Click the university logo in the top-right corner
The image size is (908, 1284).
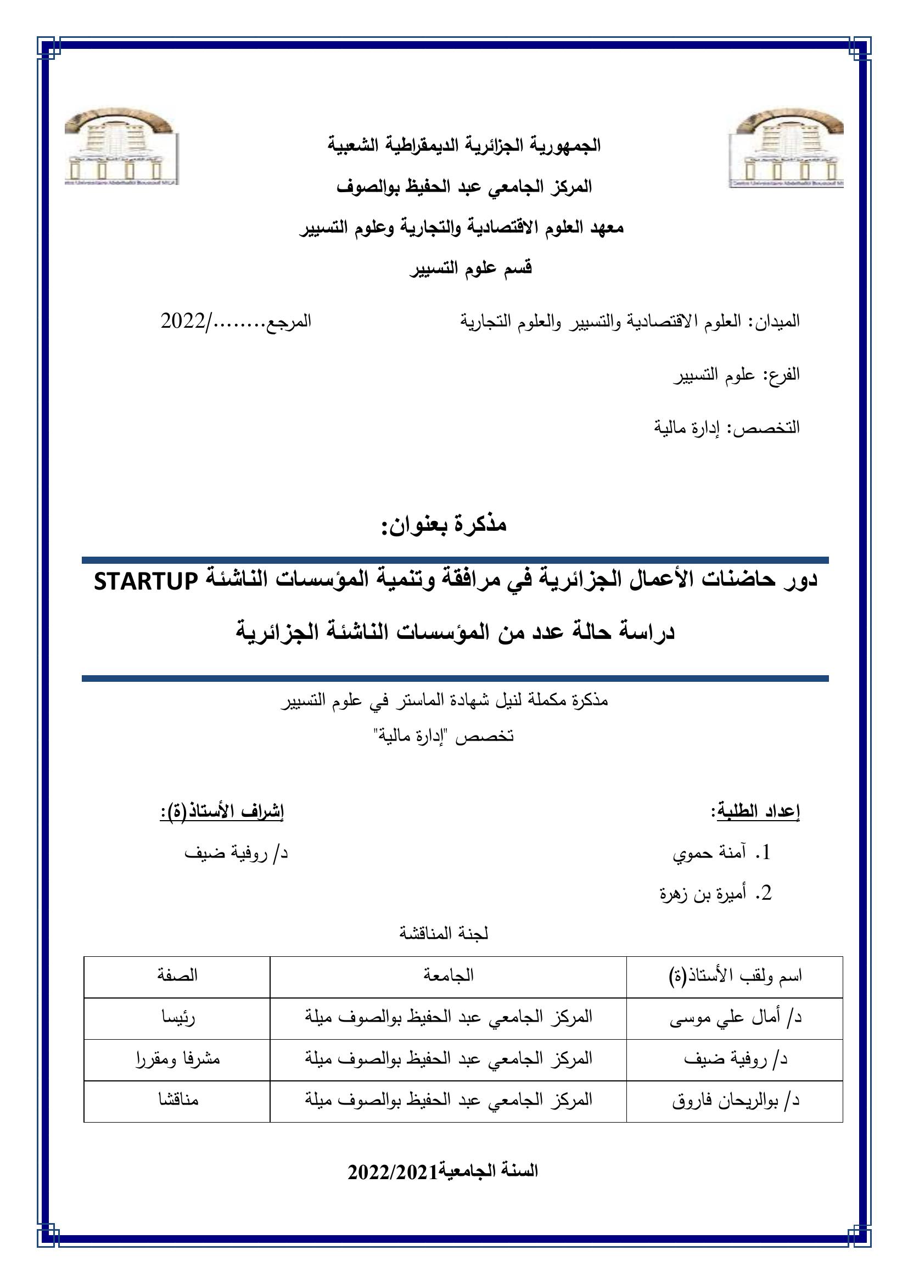(786, 148)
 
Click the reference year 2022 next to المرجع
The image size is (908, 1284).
(183, 322)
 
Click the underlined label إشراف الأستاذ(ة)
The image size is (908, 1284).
(222, 811)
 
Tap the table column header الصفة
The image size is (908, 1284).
(177, 976)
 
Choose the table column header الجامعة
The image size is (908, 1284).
(448, 976)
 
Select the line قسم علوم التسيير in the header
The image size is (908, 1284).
(472, 268)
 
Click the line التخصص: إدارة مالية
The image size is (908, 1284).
(727, 428)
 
